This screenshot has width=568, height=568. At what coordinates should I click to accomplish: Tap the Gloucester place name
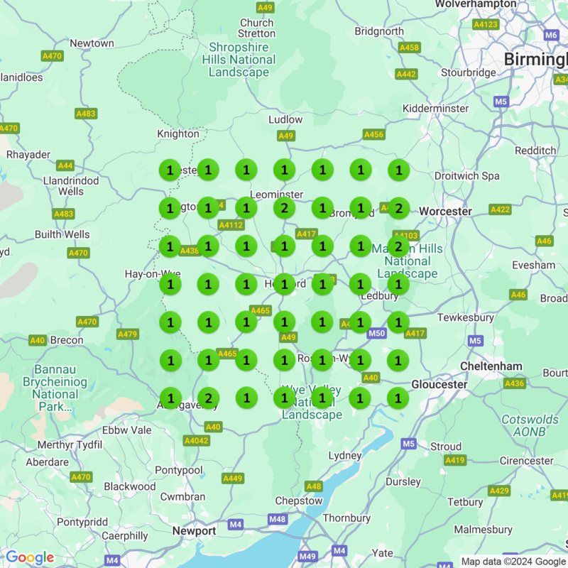439,384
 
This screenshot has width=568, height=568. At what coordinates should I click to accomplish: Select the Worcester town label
445,212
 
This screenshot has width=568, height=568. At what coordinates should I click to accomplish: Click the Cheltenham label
491,366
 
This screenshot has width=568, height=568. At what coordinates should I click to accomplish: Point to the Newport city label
194,531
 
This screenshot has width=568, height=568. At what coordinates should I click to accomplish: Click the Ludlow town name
285,119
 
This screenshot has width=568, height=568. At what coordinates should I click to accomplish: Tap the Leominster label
276,194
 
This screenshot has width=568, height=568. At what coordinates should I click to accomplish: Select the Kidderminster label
435,109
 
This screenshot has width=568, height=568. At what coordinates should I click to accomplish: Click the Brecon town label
67,340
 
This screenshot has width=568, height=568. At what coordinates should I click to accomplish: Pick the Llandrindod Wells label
71,186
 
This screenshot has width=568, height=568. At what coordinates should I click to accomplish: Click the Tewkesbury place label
465,317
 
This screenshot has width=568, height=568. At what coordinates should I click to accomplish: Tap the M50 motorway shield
376,333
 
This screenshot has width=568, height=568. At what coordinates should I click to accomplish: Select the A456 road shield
373,134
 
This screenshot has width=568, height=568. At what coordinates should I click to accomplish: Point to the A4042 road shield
196,441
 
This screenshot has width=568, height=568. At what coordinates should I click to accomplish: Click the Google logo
30,557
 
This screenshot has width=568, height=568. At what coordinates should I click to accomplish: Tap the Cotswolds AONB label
530,425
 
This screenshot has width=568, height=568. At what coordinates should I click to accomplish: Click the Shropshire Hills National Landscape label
239,60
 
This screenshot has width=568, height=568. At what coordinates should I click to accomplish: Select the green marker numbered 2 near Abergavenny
208,398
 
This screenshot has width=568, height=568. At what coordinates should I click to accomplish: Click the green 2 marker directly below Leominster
284,208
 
